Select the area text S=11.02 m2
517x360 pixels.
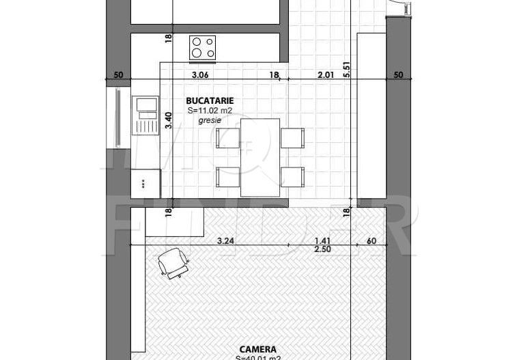point(210,111)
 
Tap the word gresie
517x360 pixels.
point(210,120)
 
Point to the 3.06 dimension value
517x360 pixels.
point(199,75)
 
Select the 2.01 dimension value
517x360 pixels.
point(326,75)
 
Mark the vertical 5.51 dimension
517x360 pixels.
point(347,70)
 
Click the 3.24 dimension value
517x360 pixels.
point(226,240)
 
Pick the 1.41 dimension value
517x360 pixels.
point(322,240)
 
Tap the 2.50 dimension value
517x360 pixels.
point(322,250)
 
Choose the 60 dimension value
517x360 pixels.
point(372,240)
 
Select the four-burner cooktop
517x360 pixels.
point(203,47)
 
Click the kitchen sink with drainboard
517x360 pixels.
point(145,115)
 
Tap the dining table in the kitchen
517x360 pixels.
point(260,157)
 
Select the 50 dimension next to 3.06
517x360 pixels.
point(117,75)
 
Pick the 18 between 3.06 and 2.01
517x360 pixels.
point(274,75)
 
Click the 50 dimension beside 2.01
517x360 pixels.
point(398,75)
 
